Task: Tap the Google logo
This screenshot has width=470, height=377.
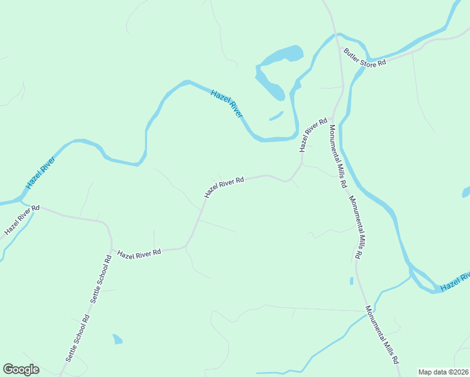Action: [x=21, y=369]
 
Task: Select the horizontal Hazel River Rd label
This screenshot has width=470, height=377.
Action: [x=139, y=253]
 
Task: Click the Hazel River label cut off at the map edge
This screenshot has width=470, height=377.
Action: [x=455, y=281]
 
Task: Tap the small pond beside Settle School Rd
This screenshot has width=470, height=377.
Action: [x=117, y=339]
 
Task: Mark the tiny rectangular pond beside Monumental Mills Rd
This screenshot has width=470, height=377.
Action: [x=351, y=281]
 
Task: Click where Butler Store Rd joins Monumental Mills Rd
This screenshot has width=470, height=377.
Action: [x=341, y=48]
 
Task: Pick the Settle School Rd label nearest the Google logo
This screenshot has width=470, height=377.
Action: [x=78, y=338]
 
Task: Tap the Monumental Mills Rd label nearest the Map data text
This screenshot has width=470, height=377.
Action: [x=382, y=336]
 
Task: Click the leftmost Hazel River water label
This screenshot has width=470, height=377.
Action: [x=40, y=173]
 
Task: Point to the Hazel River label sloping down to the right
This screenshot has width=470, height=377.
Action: [x=227, y=103]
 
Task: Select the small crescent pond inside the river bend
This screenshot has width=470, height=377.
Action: [x=276, y=116]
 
